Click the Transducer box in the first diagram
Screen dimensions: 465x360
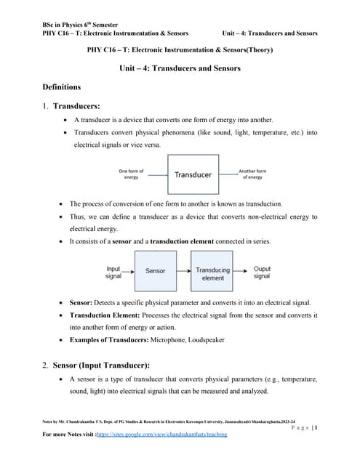[193, 174]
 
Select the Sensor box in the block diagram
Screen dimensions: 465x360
[156, 270]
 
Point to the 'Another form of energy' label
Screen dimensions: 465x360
[252, 174]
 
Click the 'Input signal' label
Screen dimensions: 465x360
[113, 272]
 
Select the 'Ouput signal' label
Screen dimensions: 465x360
[262, 272]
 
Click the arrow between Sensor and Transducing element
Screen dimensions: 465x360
[183, 271]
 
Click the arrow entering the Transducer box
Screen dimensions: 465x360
[156, 174]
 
